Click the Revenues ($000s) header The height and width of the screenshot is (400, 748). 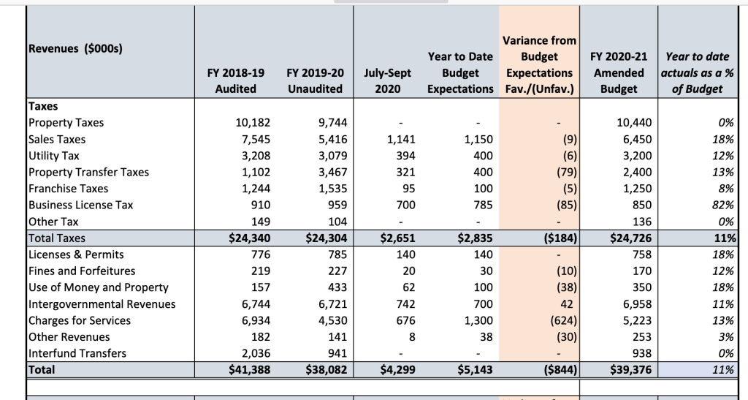pos(75,49)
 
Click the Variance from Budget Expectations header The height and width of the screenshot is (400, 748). pos(539,65)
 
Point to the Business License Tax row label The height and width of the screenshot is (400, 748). pos(80,205)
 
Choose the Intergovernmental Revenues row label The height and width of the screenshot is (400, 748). pos(102,303)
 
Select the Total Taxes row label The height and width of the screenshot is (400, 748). pos(56,238)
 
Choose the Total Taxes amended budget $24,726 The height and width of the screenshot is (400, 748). pos(625,238)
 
